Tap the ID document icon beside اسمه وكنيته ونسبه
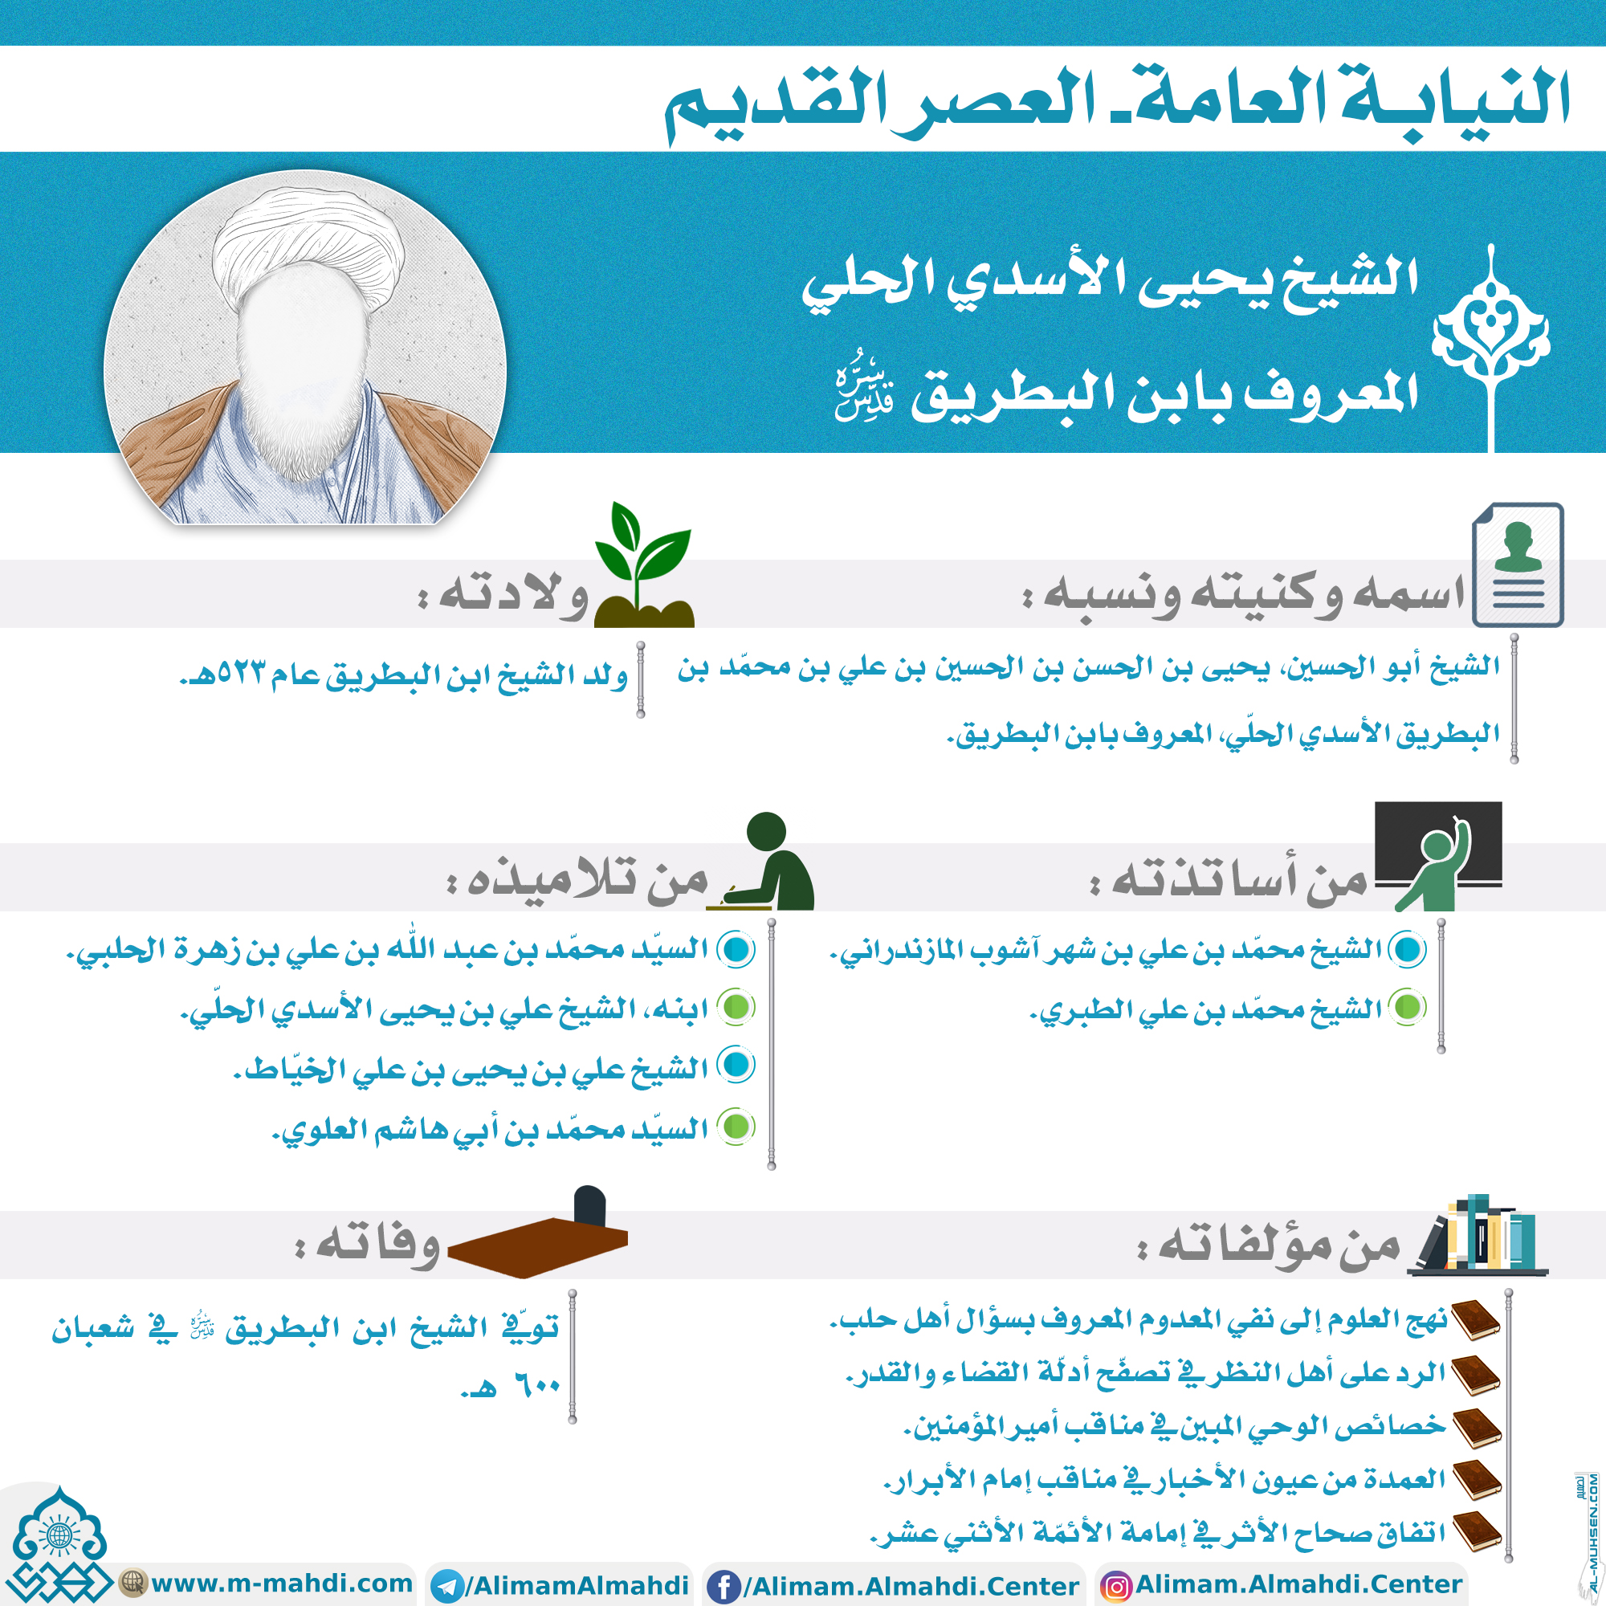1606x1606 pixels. [1517, 565]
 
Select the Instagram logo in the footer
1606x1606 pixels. [1115, 1587]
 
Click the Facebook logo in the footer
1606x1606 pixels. [724, 1587]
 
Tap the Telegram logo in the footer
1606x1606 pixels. [448, 1587]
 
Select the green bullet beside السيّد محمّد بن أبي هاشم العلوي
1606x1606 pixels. [736, 1127]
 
